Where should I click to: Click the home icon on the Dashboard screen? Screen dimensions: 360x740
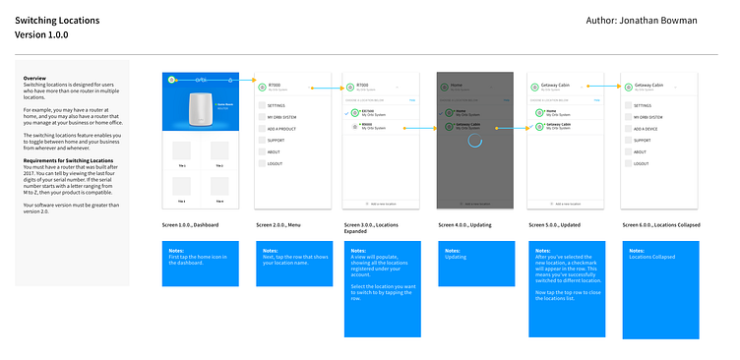(x=171, y=78)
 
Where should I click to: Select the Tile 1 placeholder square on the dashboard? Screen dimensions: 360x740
(x=180, y=151)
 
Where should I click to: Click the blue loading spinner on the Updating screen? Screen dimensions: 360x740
(x=474, y=141)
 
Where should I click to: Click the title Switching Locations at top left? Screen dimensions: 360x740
(x=55, y=19)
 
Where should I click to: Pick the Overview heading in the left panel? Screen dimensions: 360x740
(x=35, y=78)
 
